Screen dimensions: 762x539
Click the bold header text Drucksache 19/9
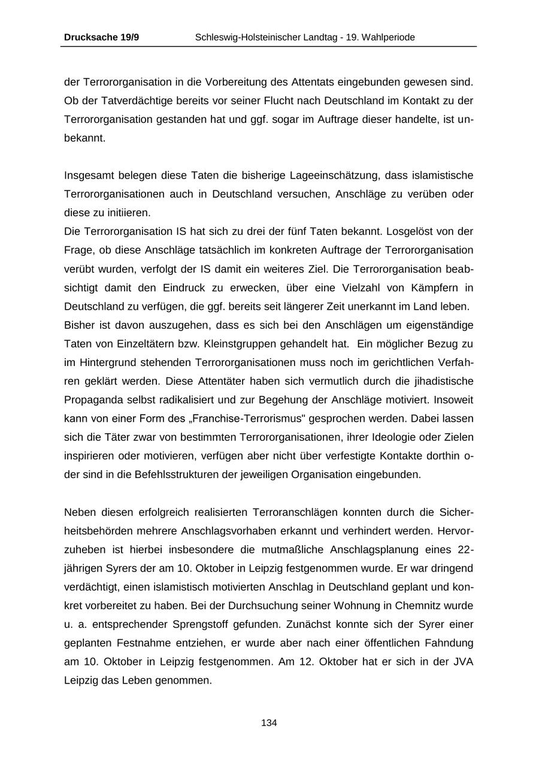(x=101, y=37)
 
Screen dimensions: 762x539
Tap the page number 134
(x=269, y=723)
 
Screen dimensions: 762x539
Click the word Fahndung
(x=449, y=643)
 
